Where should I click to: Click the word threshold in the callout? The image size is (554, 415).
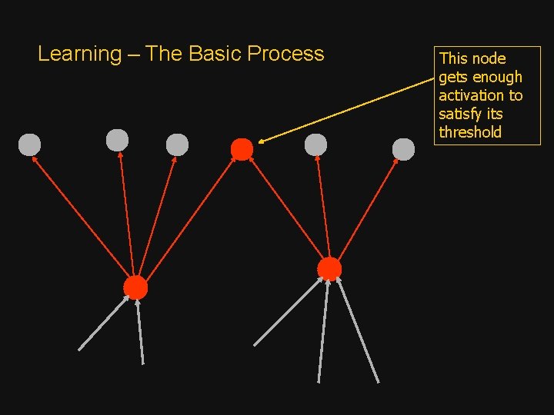click(x=470, y=132)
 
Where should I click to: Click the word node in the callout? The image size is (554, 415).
click(x=489, y=58)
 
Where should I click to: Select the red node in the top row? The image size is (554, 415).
click(x=242, y=149)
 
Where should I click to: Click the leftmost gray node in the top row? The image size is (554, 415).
click(x=29, y=144)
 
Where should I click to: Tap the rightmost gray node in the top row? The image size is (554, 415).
click(x=403, y=149)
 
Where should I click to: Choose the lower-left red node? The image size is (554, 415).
click(x=135, y=287)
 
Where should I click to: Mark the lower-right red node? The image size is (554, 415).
click(x=329, y=268)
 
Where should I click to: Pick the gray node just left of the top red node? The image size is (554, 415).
click(x=177, y=144)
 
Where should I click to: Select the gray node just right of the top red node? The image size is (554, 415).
click(x=315, y=144)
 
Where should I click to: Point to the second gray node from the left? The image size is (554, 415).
click(x=117, y=140)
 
